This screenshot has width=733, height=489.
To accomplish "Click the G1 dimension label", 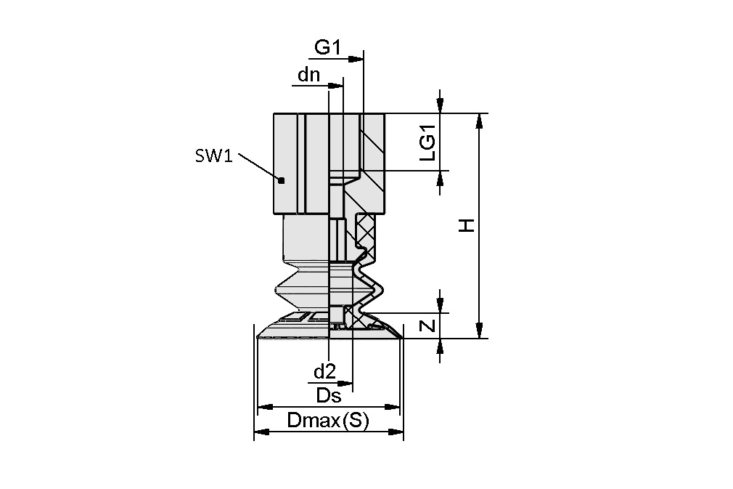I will tap(327, 47).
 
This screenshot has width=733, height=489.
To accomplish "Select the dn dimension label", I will tap(309, 75).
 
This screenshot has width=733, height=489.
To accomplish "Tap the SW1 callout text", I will tap(213, 155).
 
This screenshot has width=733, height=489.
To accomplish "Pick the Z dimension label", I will tap(429, 326).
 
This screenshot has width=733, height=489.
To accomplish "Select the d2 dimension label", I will tap(324, 372).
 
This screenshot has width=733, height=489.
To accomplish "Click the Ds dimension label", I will tap(329, 395).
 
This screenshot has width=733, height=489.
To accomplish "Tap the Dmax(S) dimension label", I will tap(328, 420).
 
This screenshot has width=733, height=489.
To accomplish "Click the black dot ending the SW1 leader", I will tap(282, 180).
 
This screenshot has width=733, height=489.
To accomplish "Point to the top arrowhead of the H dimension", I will tap(478, 120).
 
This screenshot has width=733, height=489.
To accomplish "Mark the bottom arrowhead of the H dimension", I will tap(478, 332).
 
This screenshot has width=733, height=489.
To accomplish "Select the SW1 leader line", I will tap(258, 167).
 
